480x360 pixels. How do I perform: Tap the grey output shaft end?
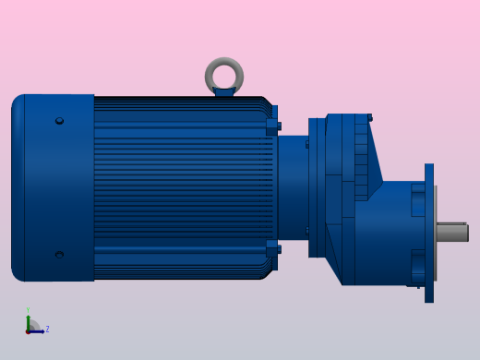tap(452, 233)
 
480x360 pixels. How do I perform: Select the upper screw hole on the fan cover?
tap(59, 121)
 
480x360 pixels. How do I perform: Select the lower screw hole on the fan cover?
tap(59, 255)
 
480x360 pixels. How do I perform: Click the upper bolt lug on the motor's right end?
tap(273, 126)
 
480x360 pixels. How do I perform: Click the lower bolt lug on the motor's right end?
tap(273, 248)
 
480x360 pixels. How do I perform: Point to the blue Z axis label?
tap(47, 329)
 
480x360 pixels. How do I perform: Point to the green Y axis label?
tap(28, 310)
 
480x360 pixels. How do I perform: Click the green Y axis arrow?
tap(28, 320)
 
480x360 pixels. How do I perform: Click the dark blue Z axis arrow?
tap(38, 330)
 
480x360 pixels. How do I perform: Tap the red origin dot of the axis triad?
tap(28, 330)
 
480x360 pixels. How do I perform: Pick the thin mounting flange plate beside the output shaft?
tap(429, 233)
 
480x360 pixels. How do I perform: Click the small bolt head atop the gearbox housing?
tap(369, 118)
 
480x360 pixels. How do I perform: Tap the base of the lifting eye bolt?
tap(224, 91)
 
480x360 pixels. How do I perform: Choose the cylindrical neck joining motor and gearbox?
tap(293, 187)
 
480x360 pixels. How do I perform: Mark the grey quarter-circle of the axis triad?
tap(34, 325)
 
